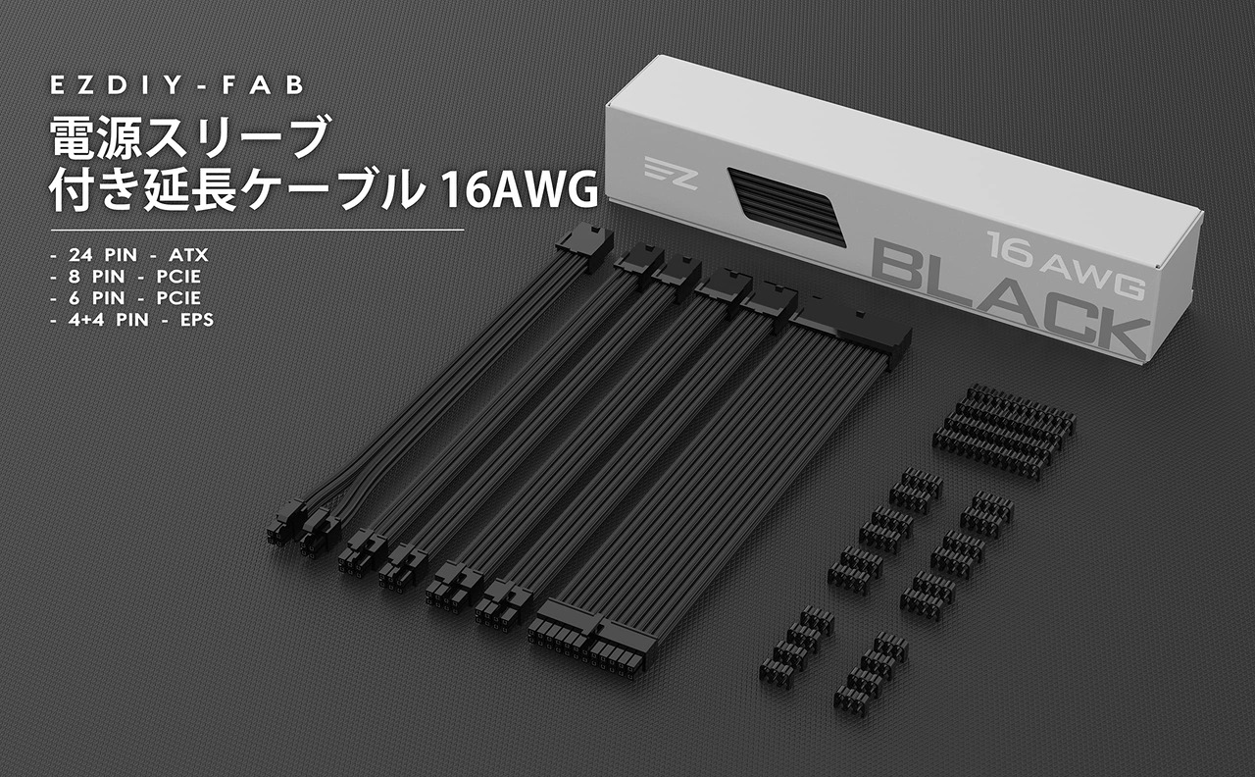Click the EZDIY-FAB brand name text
point(177,85)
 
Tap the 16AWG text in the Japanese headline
point(519,190)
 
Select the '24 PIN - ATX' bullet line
point(129,255)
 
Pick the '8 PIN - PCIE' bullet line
point(125,277)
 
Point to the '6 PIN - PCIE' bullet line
point(125,297)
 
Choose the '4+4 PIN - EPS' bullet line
point(132,320)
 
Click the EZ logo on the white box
point(671,173)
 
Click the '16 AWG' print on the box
point(1065,264)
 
